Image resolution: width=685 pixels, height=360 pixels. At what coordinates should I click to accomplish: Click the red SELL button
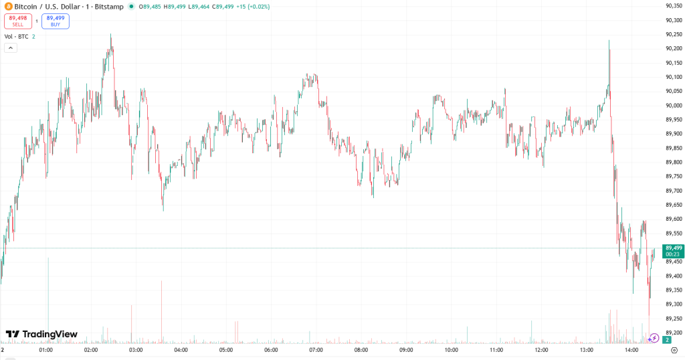tap(17, 21)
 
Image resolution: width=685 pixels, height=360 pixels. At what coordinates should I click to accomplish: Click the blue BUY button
tap(56, 21)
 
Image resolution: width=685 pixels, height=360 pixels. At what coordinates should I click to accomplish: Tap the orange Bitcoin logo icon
tap(8, 6)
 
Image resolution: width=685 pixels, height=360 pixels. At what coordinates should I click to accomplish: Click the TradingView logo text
tap(41, 334)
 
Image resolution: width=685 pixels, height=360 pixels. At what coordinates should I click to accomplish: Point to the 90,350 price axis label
tap(673, 6)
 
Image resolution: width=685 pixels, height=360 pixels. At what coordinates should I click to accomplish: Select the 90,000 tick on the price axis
tap(673, 106)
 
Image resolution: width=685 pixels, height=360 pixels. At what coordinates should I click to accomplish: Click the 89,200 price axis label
tap(673, 333)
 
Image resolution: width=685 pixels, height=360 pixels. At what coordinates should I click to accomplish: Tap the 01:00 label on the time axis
tap(45, 350)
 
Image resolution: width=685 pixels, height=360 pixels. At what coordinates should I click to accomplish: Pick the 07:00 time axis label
tap(316, 350)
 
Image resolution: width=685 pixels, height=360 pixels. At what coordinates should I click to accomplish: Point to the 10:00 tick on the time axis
tap(451, 350)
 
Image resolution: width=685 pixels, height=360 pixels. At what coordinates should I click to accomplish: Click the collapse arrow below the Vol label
tap(10, 48)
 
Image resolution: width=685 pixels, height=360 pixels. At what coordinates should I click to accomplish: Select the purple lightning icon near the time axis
tap(654, 339)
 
